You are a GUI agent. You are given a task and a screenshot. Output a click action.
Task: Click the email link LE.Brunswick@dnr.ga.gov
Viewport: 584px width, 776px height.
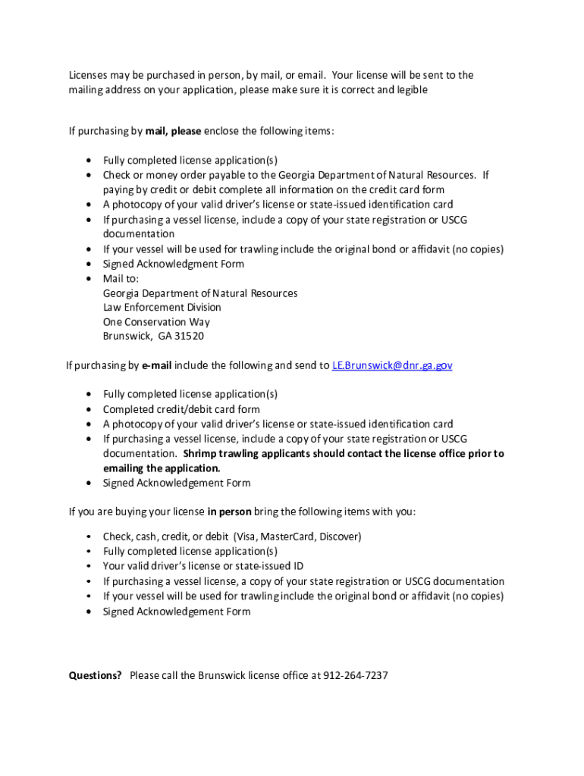392,365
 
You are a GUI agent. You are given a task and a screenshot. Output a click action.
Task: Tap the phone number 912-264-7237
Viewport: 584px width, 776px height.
355,675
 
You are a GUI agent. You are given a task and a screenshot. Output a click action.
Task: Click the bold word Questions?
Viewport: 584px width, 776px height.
96,675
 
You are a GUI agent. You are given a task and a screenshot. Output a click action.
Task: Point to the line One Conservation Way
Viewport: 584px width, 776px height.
156,322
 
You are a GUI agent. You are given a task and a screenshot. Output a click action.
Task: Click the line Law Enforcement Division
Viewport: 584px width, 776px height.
162,307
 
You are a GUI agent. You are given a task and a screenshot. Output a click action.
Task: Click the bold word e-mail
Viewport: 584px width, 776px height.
156,365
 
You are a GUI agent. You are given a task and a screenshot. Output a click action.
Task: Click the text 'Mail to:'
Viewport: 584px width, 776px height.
121,278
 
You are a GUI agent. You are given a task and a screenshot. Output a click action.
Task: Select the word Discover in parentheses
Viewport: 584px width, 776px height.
338,537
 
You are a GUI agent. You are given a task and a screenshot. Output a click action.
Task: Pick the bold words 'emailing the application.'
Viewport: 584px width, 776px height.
162,468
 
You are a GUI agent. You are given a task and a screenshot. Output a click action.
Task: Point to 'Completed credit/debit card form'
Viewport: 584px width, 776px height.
181,409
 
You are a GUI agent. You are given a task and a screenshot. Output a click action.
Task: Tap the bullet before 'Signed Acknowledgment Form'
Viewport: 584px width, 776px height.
89,264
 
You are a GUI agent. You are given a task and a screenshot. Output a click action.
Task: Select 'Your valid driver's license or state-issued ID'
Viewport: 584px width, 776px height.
203,566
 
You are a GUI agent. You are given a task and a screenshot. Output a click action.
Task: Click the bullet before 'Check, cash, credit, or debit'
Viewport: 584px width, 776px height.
89,537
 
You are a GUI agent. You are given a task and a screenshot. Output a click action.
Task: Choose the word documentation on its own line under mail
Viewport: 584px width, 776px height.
139,234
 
